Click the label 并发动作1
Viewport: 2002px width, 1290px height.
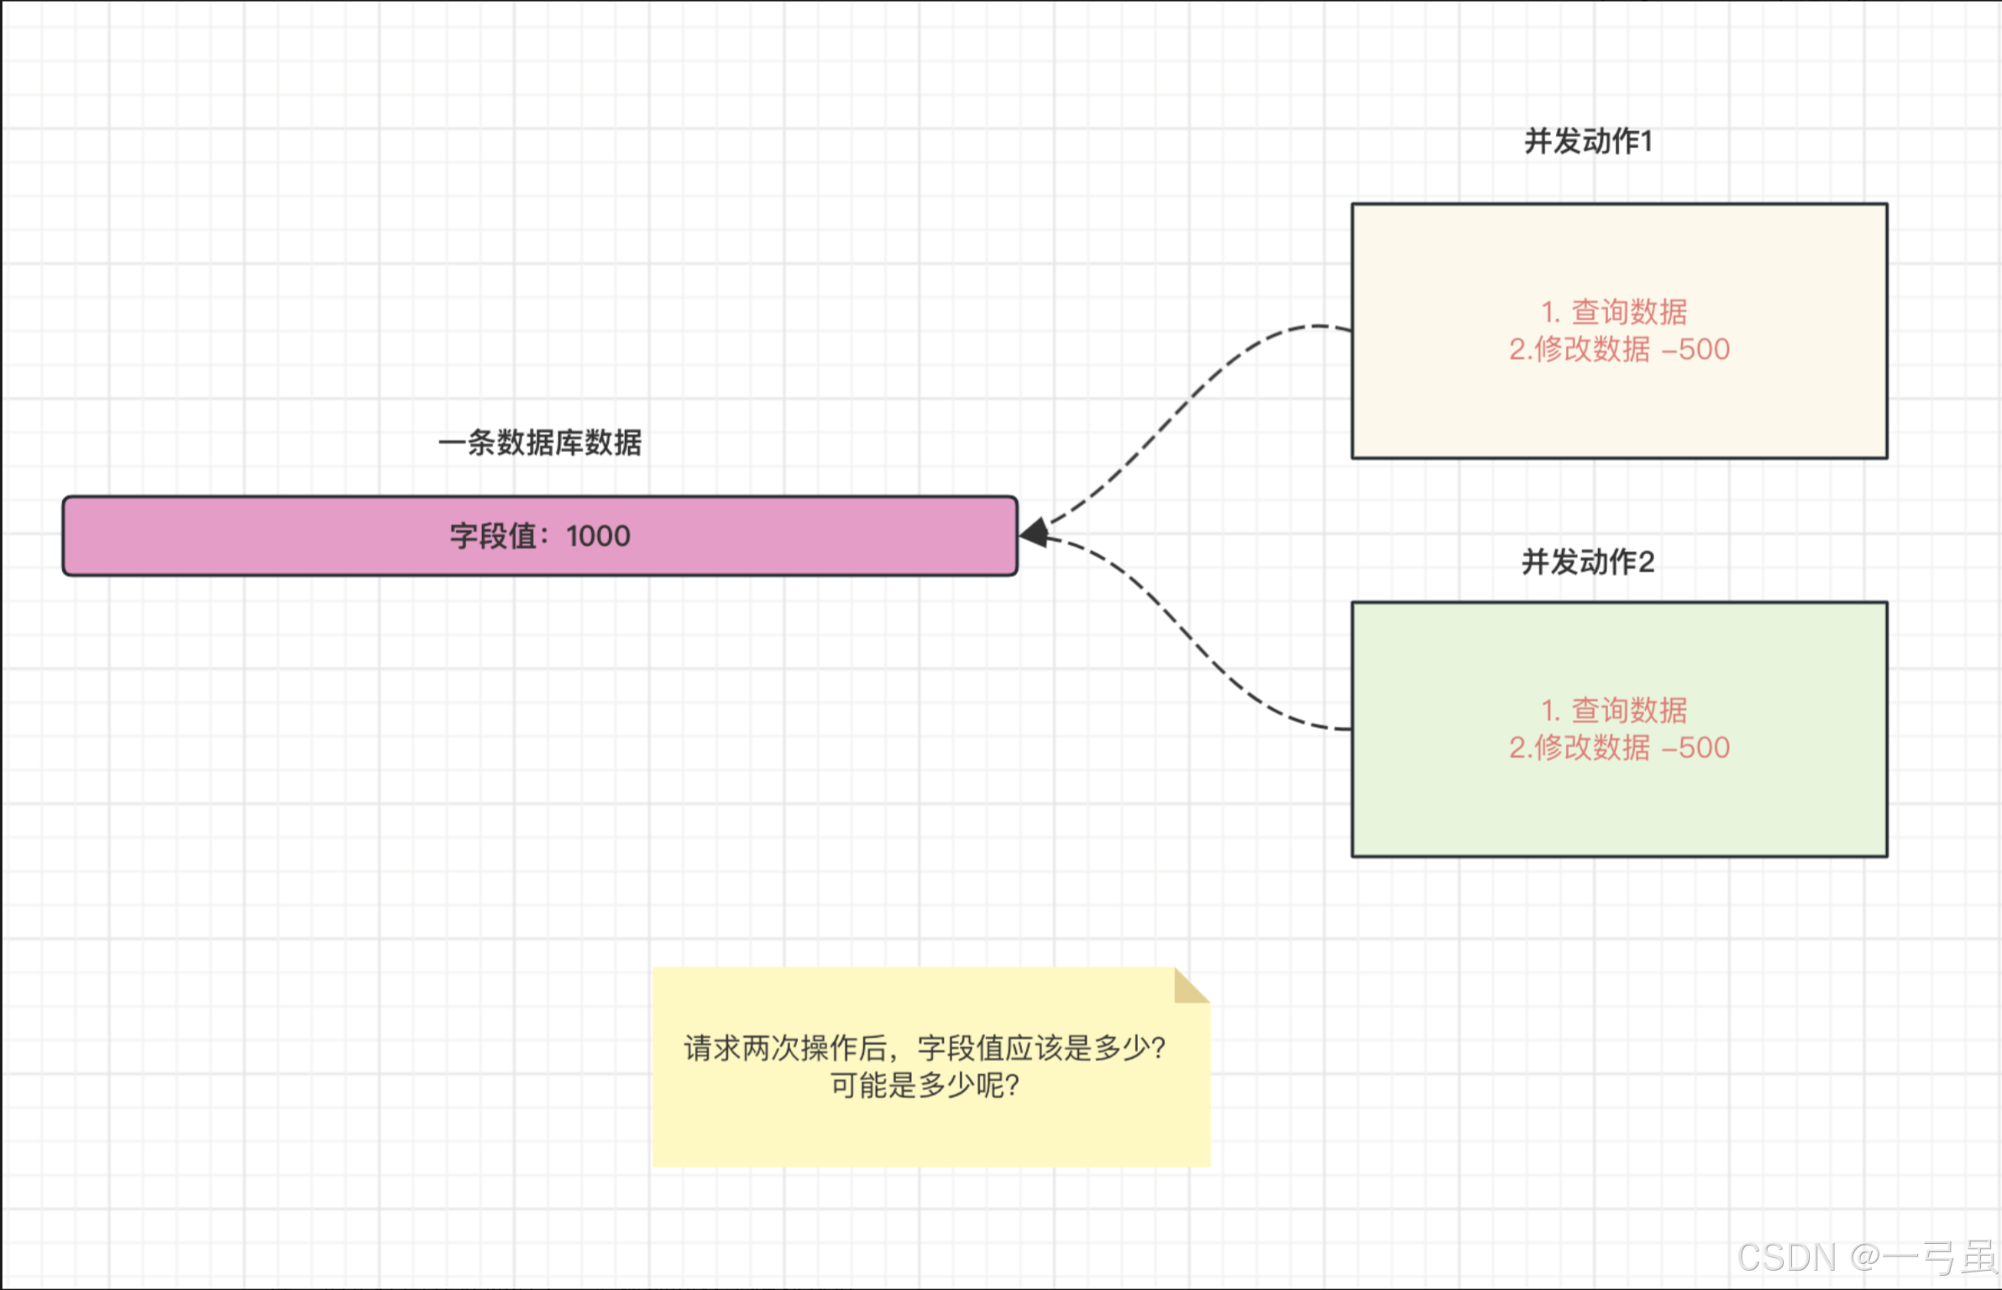[x=1588, y=141]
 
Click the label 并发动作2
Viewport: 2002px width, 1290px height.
[x=1588, y=562]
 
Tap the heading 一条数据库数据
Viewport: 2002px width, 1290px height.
[x=540, y=443]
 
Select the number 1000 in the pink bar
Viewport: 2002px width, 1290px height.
[x=598, y=536]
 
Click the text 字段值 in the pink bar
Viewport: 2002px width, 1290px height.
[x=493, y=536]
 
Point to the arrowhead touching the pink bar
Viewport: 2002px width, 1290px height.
[x=1034, y=532]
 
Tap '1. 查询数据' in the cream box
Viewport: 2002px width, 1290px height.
[x=1614, y=312]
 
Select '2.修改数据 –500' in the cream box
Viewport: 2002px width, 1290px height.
[x=1619, y=349]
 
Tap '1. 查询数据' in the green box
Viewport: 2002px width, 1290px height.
[x=1614, y=711]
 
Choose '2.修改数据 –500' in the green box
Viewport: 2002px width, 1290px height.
[x=1619, y=747]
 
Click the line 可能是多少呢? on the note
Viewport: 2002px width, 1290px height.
[x=925, y=1085]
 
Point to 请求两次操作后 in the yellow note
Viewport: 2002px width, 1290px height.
[x=785, y=1048]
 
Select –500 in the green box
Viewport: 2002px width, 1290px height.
[x=1696, y=747]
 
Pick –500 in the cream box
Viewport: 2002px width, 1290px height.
[x=1696, y=349]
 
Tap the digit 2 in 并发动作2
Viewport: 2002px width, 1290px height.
[x=1646, y=562]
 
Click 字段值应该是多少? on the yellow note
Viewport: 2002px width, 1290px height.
[x=1041, y=1048]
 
